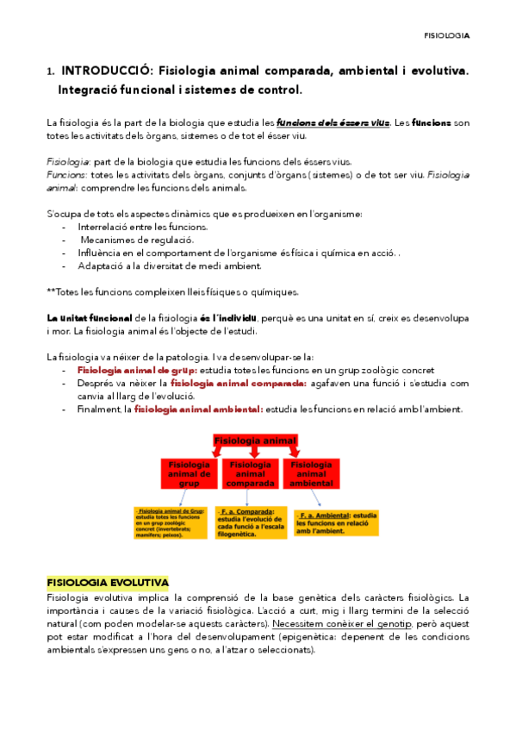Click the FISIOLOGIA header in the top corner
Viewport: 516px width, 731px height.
(x=446, y=36)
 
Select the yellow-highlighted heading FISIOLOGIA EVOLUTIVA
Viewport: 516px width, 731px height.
(x=108, y=583)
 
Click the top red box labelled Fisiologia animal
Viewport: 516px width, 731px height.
(x=254, y=441)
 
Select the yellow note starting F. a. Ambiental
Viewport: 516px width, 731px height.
(x=325, y=522)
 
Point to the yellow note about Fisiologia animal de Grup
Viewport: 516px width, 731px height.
(x=168, y=522)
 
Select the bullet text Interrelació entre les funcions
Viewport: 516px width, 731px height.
(x=132, y=227)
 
